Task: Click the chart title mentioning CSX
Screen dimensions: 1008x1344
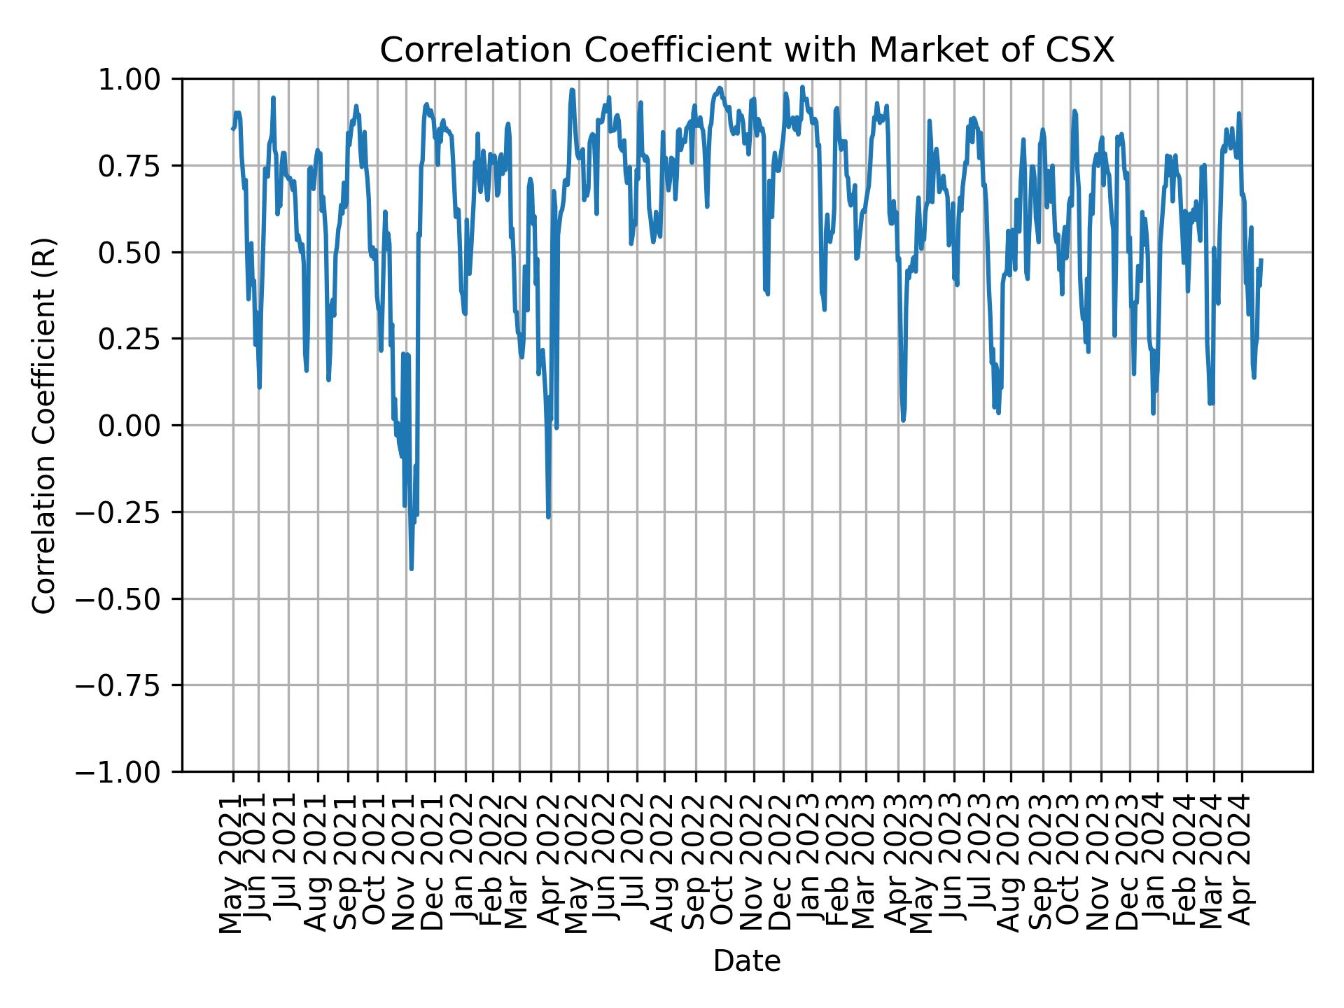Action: (x=746, y=50)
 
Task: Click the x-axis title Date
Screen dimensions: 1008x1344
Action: (x=746, y=961)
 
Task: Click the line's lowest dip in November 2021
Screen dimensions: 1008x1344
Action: (x=411, y=568)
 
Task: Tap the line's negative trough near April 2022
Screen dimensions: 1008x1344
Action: (x=548, y=517)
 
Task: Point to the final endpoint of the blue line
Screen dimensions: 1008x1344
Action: (x=1261, y=260)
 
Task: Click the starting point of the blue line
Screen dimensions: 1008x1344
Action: (x=232, y=128)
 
